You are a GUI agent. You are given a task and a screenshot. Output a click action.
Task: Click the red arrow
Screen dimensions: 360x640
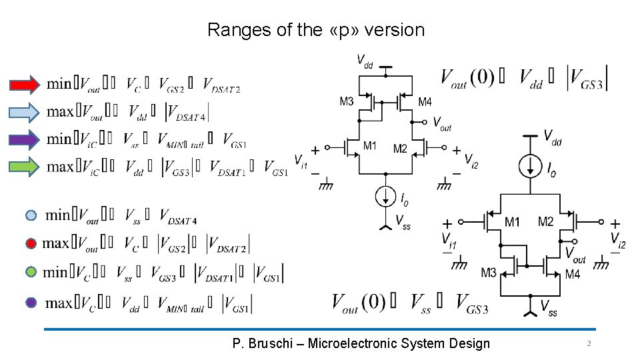(25, 85)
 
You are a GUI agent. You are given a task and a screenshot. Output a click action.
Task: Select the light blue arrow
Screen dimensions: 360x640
(25, 112)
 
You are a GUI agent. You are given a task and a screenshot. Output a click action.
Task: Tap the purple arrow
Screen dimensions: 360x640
(25, 139)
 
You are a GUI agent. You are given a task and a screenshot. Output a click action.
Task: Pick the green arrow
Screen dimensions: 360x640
(25, 167)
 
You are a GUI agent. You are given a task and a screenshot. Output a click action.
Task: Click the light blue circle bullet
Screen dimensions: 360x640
(31, 215)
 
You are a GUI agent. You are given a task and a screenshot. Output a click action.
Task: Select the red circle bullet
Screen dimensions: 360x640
(31, 244)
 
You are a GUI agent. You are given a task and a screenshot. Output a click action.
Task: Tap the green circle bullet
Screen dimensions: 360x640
(31, 273)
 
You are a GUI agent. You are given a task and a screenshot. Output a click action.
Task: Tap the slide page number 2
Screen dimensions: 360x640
(589, 343)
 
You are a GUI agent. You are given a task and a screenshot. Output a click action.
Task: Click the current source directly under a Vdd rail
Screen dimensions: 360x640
(530, 166)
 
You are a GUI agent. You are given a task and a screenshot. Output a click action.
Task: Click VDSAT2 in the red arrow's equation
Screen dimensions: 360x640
(221, 85)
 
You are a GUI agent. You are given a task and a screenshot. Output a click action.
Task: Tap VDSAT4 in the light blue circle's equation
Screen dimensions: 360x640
(178, 216)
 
